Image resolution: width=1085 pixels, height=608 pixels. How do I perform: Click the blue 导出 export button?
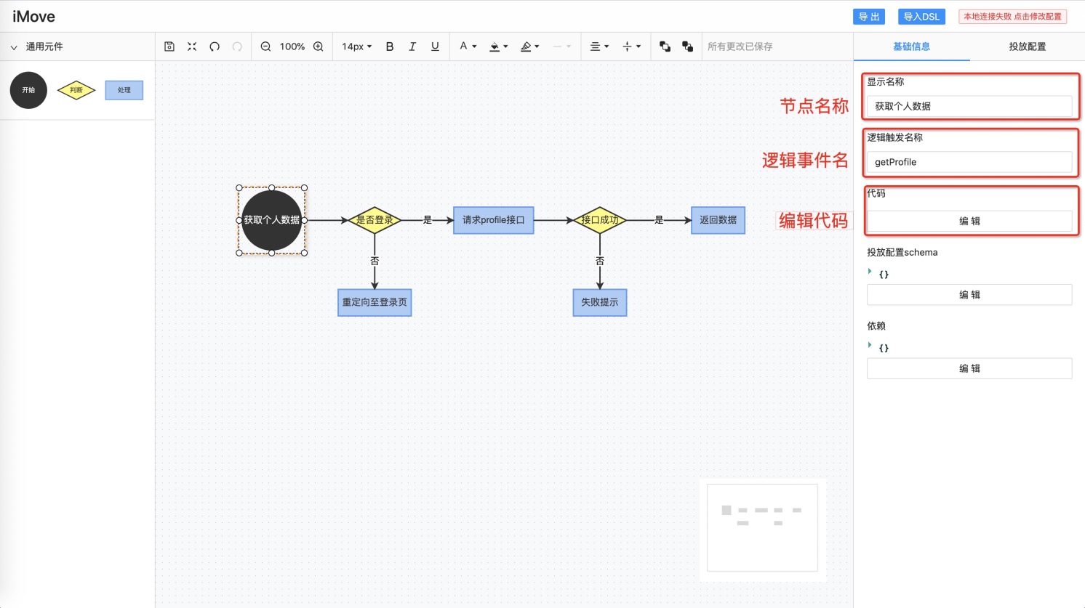tap(869, 17)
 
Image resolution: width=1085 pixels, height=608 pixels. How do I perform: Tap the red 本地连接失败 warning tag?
tap(1012, 17)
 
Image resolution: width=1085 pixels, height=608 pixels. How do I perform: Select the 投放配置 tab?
tap(1028, 46)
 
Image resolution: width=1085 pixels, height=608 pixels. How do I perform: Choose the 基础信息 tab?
tap(911, 46)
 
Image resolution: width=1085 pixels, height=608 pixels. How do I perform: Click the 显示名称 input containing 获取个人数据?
tap(969, 106)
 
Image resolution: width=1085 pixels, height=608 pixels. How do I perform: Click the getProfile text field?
tap(969, 162)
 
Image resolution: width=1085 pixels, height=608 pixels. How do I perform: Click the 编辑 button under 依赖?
tap(969, 368)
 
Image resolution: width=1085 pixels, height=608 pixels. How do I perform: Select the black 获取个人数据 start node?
tap(272, 220)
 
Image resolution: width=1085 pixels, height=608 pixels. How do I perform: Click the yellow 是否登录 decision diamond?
tap(375, 220)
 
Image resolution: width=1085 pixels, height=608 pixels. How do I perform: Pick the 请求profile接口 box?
tap(494, 220)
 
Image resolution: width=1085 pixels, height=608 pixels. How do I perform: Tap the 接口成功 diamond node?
tap(600, 220)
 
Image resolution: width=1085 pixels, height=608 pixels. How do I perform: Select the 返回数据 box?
tap(718, 220)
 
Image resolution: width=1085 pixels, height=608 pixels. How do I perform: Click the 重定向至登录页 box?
tap(375, 302)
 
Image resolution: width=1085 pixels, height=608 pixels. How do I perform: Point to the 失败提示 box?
tap(600, 302)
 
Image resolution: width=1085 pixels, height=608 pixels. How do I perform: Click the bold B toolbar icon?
tap(390, 46)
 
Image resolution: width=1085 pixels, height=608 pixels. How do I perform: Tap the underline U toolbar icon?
tap(435, 46)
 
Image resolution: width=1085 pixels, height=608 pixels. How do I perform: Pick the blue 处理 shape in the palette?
tap(124, 90)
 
